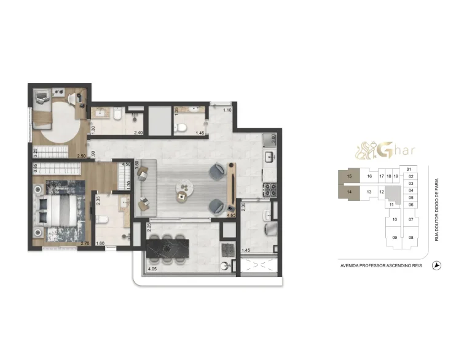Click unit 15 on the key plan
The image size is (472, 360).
tap(349, 176)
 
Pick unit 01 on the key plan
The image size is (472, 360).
tap(409, 169)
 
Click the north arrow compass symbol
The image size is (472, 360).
tap(437, 265)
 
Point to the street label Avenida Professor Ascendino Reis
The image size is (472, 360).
tap(380, 266)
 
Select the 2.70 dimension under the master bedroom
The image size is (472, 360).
tap(85, 244)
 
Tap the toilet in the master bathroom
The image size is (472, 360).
tap(103, 219)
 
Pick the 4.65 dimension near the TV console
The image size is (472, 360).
tap(231, 215)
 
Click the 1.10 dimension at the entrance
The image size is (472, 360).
tap(227, 110)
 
